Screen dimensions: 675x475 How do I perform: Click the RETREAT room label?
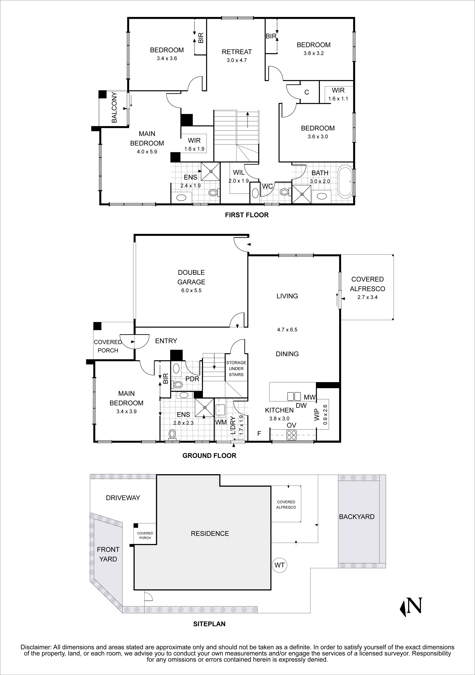pos(237,52)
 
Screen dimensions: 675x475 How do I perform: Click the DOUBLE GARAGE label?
pos(191,277)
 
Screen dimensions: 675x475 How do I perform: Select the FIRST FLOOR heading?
pos(247,215)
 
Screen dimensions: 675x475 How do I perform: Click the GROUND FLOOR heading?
pos(209,456)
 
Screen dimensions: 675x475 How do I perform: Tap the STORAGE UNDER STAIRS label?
pos(236,369)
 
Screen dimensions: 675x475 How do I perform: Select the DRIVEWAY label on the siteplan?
pos(123,498)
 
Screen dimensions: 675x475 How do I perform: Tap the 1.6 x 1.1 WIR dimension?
pos(338,99)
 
